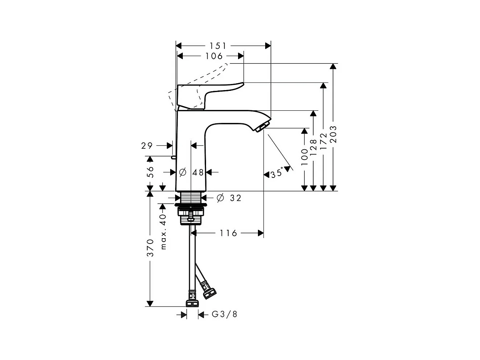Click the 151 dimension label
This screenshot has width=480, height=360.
pos(218,46)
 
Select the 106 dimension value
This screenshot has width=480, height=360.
pos(214,56)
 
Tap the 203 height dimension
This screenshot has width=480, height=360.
pos(333,134)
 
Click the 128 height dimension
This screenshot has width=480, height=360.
pos(313,147)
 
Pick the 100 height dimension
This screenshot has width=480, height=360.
pos(304,157)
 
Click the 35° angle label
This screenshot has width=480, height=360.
pos(277,174)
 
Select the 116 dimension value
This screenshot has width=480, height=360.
pos(228,233)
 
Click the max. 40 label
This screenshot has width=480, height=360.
pos(163,232)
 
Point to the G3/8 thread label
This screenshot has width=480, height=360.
pos(224,315)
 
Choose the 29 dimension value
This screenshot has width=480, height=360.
pos(147,145)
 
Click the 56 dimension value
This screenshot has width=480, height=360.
pos(150,172)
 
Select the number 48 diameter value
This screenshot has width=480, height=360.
pos(198,173)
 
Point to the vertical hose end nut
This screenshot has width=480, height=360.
pos(192,303)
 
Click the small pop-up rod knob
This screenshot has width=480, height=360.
pos(173,157)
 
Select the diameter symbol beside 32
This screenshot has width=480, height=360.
pos(220,198)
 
